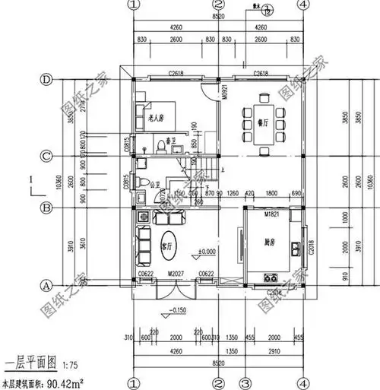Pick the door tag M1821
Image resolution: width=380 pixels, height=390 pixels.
point(272,215)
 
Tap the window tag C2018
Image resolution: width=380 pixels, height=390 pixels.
point(312,246)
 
